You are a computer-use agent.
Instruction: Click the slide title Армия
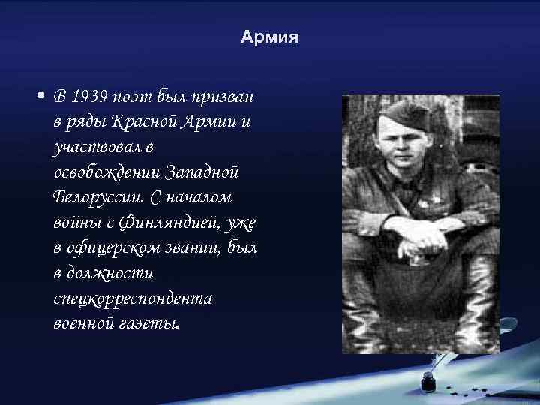coord(269,37)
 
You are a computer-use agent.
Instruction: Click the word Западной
coord(207,172)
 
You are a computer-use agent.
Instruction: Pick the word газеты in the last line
coord(154,324)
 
